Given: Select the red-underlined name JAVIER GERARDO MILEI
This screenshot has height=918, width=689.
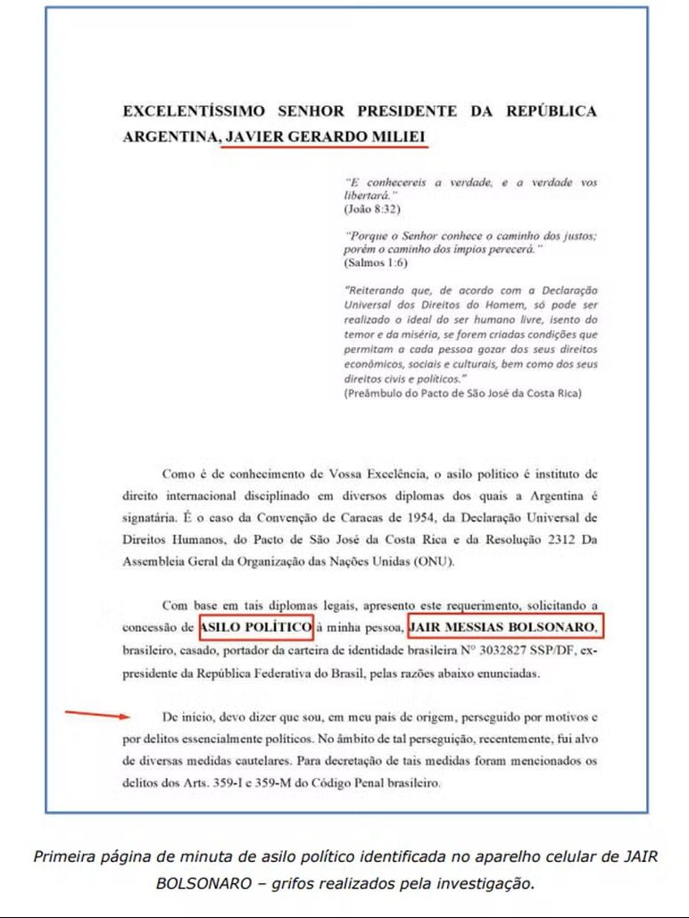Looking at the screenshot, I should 325,136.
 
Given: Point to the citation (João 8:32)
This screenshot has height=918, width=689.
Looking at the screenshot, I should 372,209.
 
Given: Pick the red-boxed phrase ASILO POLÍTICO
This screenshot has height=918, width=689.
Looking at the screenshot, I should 255,627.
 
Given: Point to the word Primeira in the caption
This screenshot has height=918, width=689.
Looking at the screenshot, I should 65,857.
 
